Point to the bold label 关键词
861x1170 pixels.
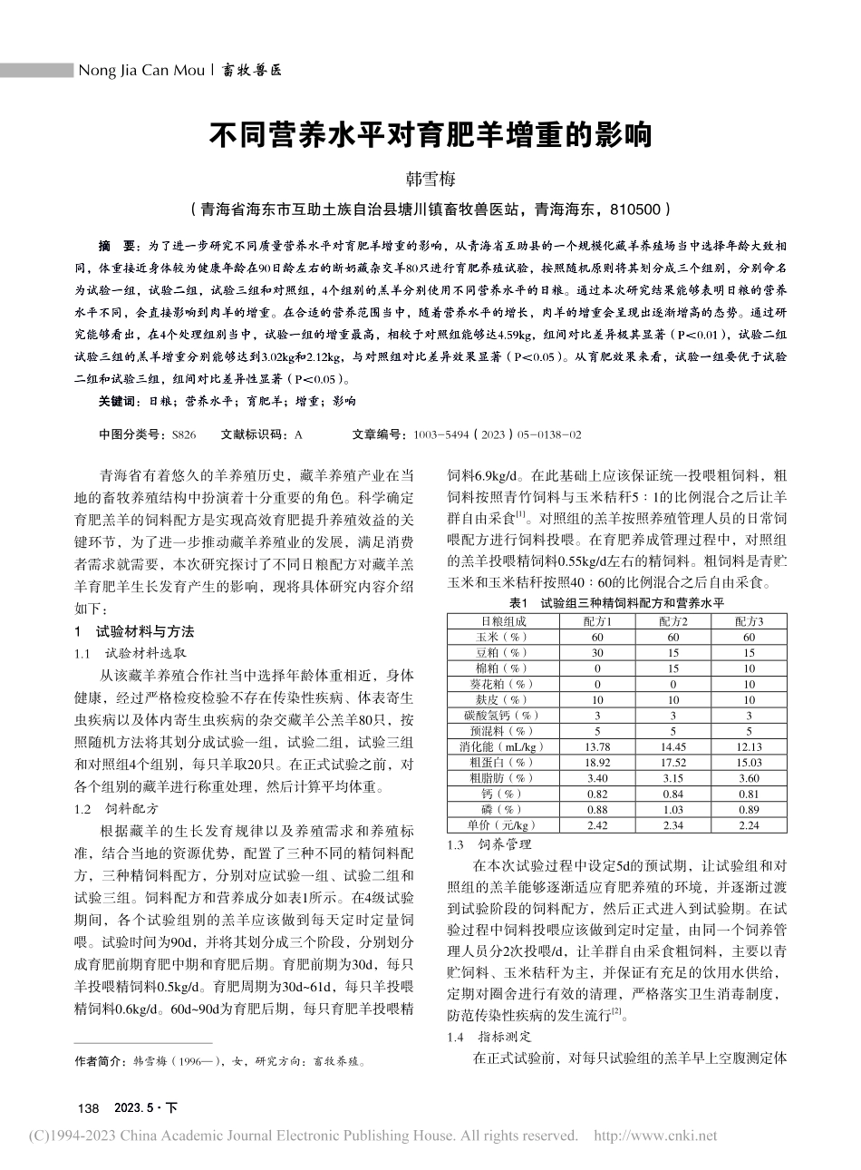[119, 401]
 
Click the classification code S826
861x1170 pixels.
[183, 435]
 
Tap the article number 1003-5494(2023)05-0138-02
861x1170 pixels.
[497, 435]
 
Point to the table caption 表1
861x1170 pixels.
[518, 602]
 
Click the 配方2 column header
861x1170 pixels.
[672, 621]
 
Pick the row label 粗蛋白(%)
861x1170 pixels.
[503, 763]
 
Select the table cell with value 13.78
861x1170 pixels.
[597, 746]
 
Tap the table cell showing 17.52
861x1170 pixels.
[672, 763]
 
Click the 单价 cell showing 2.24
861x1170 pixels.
[749, 825]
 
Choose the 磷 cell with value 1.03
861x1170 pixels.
[672, 810]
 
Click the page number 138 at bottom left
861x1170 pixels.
[89, 1108]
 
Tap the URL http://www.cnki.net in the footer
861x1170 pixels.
[654, 1136]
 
